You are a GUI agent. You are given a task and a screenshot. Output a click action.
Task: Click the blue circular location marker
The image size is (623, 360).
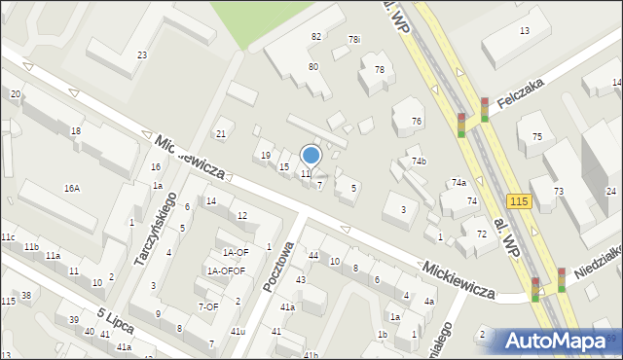[x=311, y=154]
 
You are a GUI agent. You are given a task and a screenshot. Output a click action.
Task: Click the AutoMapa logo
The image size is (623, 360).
[x=554, y=341]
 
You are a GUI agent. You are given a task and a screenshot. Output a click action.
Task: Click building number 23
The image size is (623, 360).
[x=142, y=55]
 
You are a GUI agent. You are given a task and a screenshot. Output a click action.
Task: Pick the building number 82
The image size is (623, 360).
[x=315, y=36]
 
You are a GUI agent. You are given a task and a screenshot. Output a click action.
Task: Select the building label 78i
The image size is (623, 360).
[x=354, y=40]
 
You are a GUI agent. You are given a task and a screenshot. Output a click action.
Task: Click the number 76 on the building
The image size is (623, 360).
[x=417, y=121]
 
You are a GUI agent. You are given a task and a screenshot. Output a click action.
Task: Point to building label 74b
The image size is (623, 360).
[x=419, y=161]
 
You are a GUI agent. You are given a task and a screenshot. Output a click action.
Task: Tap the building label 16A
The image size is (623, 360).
[x=72, y=188]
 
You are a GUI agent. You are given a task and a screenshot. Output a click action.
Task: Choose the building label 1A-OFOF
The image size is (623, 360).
[x=225, y=270]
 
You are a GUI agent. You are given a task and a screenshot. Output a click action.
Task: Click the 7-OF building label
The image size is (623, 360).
[x=207, y=306]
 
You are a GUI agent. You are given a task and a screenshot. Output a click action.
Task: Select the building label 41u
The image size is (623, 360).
[x=238, y=332]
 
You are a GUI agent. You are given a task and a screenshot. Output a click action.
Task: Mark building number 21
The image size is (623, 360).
[x=221, y=133]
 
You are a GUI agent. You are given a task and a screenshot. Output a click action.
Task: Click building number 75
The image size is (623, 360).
[x=536, y=137]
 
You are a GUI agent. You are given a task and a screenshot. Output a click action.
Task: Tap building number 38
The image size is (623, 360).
[x=26, y=295]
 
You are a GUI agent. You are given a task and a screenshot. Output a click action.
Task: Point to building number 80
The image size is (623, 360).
[x=313, y=67]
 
